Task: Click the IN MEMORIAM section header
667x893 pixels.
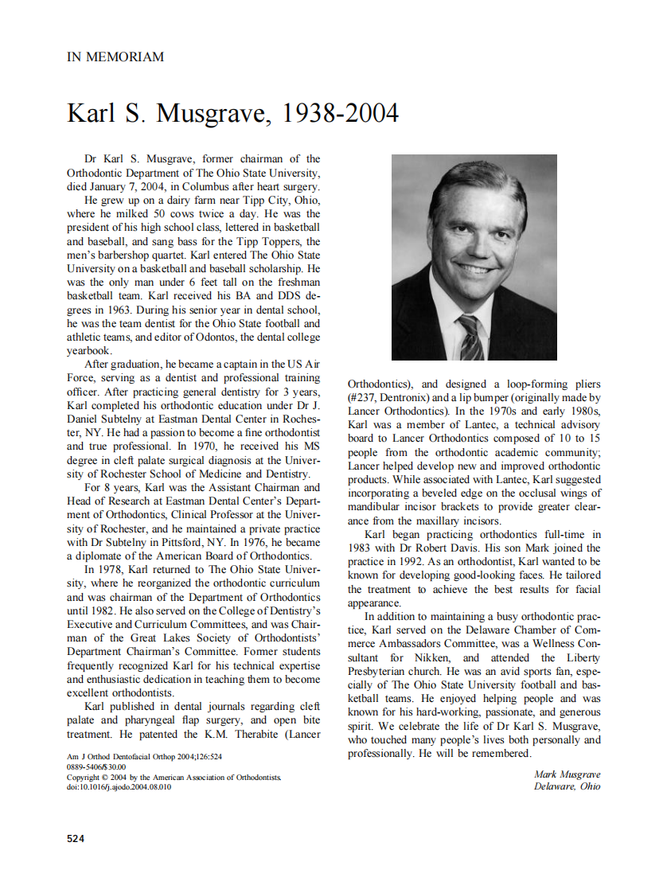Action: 115,57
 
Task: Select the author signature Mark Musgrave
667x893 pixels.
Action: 567,774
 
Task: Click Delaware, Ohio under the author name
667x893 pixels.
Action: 568,786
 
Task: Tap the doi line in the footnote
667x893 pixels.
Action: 119,787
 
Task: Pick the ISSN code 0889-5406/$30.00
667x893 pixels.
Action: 96,766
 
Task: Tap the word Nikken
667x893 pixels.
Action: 431,658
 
